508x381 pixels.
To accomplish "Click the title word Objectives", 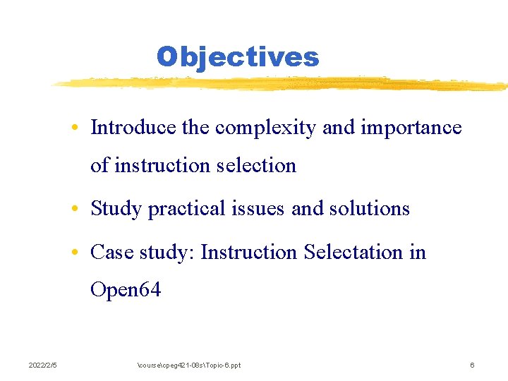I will (238, 56).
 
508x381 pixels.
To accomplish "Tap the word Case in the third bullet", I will (111, 252).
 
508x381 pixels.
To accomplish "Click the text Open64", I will (126, 289).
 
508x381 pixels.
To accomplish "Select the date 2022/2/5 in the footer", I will (43, 365).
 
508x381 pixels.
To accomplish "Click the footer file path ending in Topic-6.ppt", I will (188, 365).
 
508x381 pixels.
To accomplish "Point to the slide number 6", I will (472, 365).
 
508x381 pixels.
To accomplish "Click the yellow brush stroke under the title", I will (282, 83).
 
